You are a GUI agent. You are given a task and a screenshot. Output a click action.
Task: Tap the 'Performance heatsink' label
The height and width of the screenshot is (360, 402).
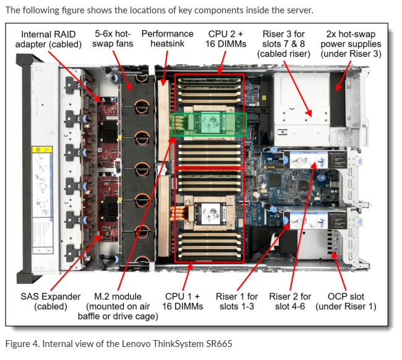coord(167,38)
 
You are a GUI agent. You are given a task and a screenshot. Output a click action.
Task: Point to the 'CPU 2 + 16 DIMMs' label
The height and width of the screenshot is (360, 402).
coord(226,38)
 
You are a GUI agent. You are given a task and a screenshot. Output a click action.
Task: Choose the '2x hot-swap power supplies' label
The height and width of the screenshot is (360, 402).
coord(351,43)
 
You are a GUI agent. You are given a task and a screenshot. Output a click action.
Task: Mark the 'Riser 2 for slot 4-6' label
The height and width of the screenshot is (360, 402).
coord(290,301)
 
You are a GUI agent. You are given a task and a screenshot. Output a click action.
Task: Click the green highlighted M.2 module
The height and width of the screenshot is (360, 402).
coord(208,124)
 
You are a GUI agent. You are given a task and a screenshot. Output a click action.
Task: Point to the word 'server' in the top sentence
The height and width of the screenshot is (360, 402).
coord(297,10)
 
